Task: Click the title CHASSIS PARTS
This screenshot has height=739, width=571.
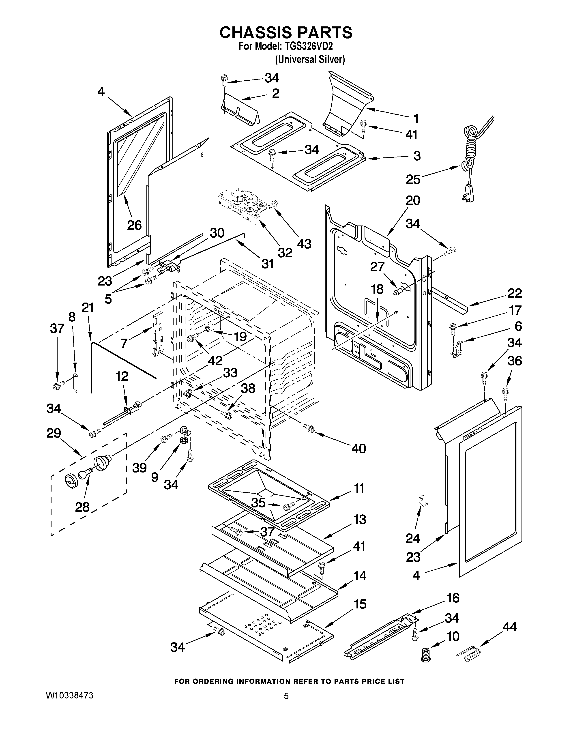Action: [286, 32]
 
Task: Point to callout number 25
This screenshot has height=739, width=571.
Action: [413, 179]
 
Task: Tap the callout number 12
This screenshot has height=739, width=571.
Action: [122, 376]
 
